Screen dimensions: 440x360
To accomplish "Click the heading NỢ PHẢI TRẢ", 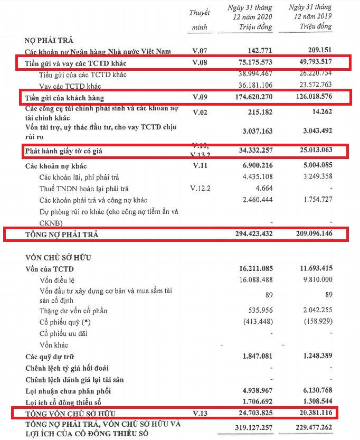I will click(49, 40).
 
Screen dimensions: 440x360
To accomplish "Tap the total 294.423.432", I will click(252, 233).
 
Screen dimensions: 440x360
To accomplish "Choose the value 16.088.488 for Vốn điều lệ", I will click(254, 280).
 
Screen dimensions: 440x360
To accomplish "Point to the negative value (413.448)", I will click(256, 322).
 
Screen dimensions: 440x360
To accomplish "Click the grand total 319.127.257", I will click(252, 429).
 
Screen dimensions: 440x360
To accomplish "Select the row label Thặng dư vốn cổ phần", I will click(74, 310).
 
